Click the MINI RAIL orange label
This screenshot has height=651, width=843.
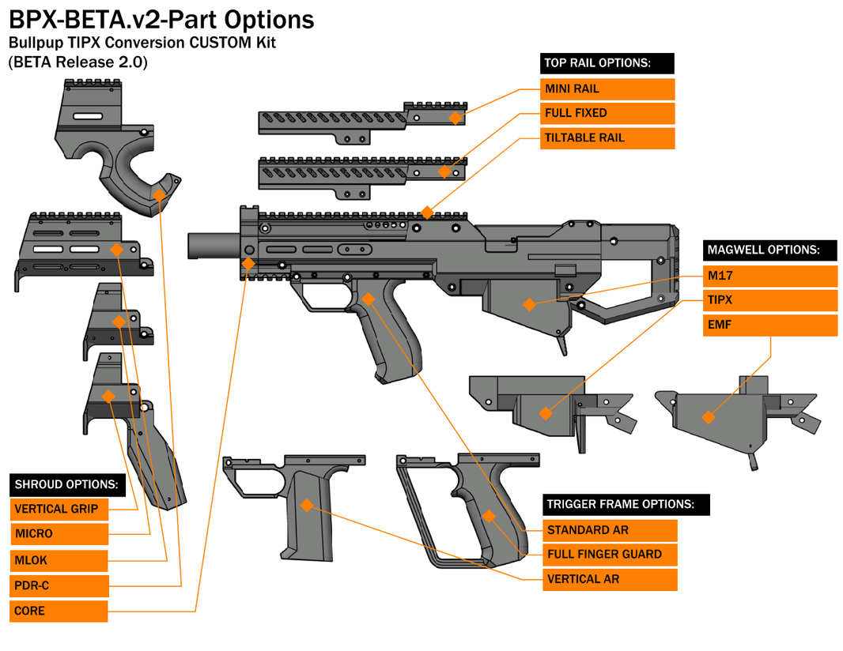coord(607,88)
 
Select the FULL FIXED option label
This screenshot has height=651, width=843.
coord(607,113)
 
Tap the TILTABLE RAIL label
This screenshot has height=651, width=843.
coord(607,137)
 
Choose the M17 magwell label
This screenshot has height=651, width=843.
coord(769,276)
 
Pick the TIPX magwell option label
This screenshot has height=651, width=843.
coord(769,300)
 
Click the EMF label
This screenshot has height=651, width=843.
coord(769,325)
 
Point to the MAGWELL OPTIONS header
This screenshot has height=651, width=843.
coord(769,250)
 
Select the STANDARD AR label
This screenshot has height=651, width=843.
coord(610,530)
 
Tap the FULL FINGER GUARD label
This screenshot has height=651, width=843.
coord(610,555)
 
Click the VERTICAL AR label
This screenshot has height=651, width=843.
coord(610,579)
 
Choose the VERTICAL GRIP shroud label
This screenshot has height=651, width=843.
coord(59,510)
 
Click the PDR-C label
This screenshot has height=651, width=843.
coord(59,585)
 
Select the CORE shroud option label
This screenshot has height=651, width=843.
coord(59,611)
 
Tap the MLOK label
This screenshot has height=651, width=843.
coord(59,560)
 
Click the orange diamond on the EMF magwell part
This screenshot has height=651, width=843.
coord(708,417)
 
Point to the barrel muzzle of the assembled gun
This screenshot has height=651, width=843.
coord(192,244)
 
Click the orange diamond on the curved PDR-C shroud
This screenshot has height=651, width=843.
coord(159,195)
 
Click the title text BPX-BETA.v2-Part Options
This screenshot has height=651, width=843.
coord(161,20)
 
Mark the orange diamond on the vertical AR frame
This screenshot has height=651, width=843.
coord(307,505)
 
